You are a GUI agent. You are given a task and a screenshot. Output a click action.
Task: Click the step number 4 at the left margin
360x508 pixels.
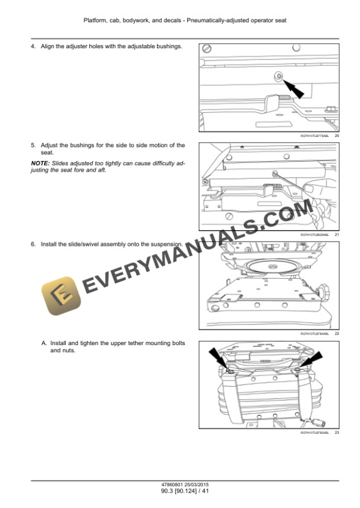(x=33, y=46)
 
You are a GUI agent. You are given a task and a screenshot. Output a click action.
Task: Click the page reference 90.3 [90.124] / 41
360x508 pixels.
(x=180, y=490)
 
